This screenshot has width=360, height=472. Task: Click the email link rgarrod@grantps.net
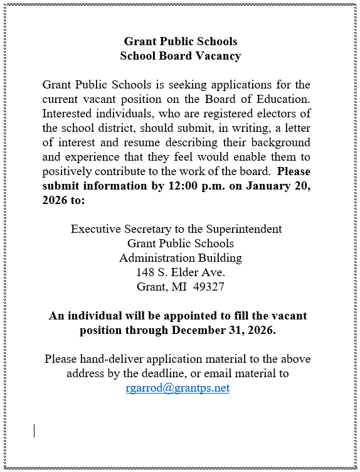click(177, 388)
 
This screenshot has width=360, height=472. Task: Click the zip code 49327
click(209, 287)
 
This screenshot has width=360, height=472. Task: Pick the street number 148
click(146, 272)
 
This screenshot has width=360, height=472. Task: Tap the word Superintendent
click(246, 229)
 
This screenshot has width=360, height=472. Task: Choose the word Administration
click(157, 258)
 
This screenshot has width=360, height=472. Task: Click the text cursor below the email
click(34, 431)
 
